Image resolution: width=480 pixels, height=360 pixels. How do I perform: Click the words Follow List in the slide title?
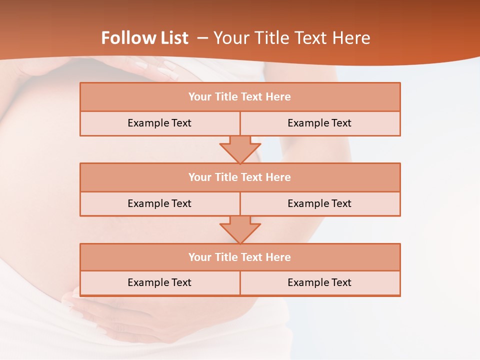point(144,38)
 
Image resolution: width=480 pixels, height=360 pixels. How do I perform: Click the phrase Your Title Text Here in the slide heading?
point(291,38)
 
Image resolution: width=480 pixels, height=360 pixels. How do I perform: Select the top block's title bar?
point(240,97)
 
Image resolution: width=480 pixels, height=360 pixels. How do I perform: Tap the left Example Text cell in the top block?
point(159,123)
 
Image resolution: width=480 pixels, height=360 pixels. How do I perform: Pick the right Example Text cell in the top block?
point(319,123)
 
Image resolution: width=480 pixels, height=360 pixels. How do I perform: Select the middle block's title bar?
point(240,177)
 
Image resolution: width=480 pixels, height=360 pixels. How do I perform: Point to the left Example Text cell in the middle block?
point(159,203)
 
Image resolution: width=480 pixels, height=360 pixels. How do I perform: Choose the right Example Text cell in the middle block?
point(319,203)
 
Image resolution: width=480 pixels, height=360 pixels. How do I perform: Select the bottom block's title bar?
point(240,257)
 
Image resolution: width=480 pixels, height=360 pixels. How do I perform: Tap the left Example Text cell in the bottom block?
point(159,282)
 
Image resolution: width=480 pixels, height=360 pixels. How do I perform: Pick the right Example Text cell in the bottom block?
point(319,282)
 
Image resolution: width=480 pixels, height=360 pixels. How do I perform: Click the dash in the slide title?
point(202,38)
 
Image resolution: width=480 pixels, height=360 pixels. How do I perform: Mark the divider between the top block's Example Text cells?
point(240,123)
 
